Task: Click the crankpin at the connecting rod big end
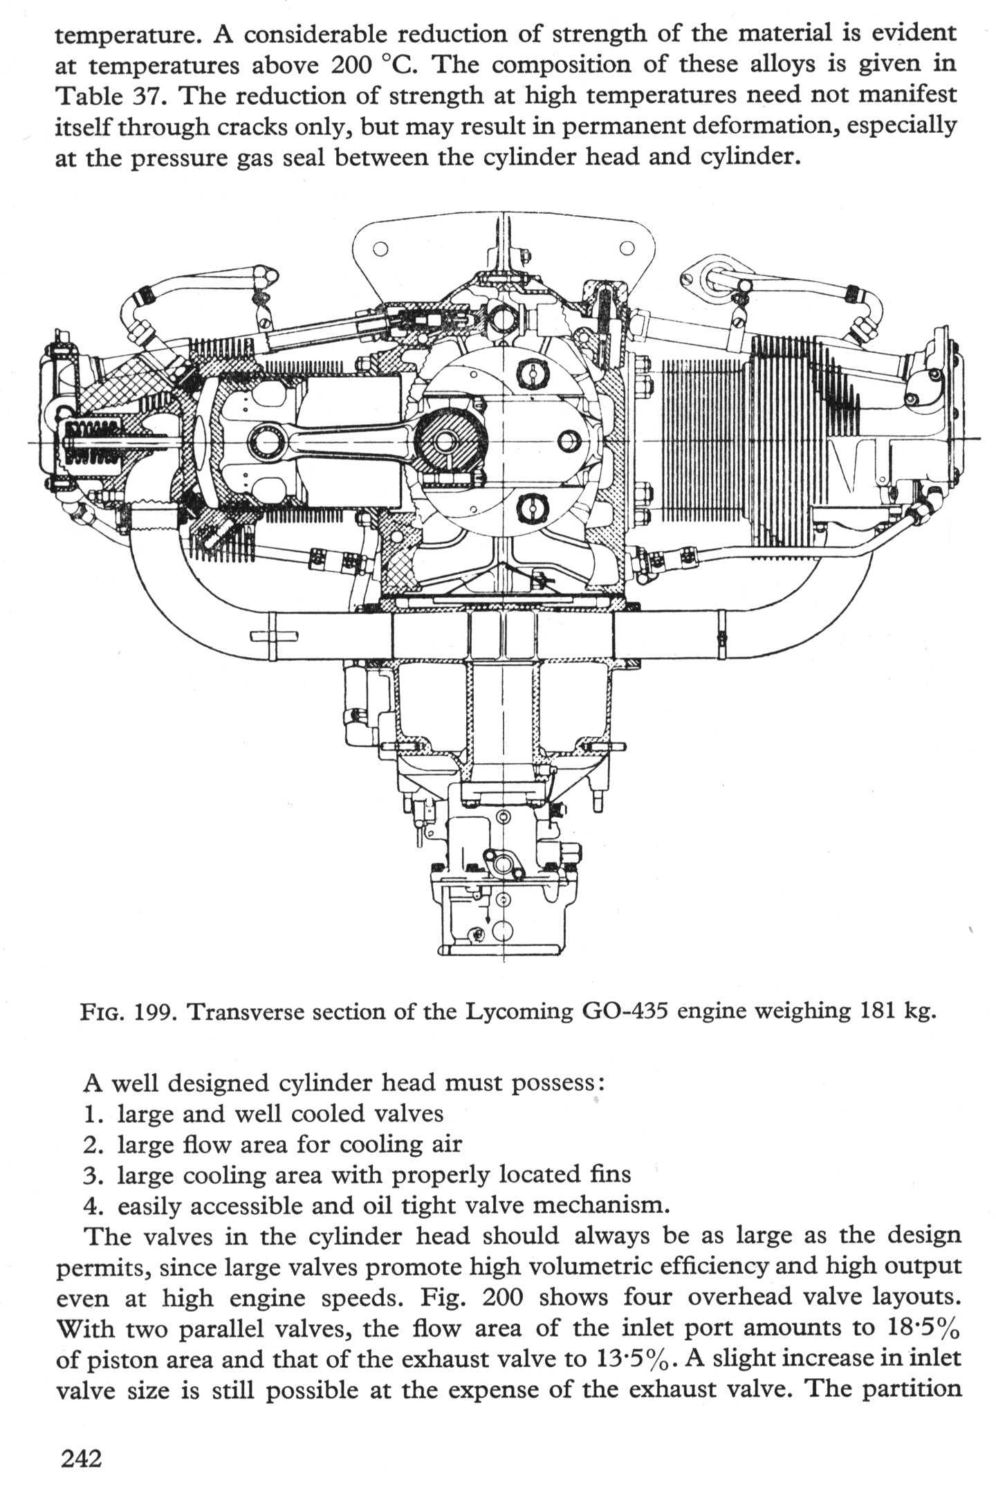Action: pyautogui.click(x=445, y=443)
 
